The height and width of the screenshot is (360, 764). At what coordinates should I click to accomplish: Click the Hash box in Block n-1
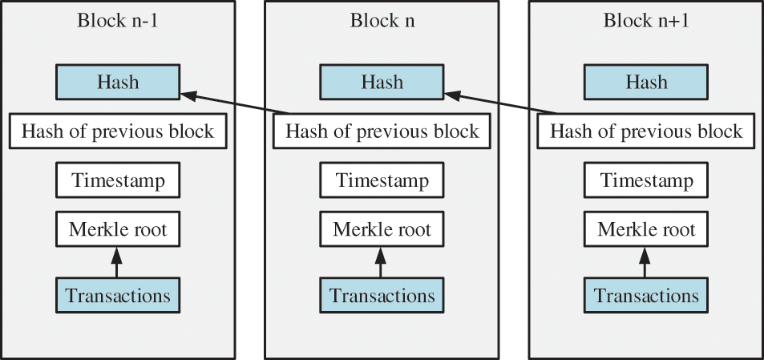[118, 82]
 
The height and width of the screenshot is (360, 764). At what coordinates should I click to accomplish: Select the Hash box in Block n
[382, 82]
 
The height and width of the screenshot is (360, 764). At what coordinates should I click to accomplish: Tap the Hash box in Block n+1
[646, 82]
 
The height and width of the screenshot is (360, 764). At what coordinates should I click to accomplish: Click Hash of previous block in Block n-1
[118, 131]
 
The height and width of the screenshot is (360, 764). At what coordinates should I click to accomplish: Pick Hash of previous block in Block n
[382, 131]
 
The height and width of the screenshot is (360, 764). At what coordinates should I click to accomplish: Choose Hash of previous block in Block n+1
[646, 131]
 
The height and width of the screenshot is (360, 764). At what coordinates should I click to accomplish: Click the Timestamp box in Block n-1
[118, 180]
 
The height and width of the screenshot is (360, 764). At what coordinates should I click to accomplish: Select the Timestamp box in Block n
[382, 180]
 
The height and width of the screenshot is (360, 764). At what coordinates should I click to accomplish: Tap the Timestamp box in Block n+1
[646, 180]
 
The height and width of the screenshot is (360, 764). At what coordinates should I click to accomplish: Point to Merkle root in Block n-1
[118, 230]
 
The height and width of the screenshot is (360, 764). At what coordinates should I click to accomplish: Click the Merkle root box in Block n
[382, 230]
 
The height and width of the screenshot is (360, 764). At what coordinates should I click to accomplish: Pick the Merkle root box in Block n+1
[646, 230]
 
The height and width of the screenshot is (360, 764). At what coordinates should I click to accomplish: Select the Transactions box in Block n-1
[118, 295]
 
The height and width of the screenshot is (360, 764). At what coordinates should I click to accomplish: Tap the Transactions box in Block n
[382, 295]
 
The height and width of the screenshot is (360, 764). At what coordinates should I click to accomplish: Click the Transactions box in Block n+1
[646, 295]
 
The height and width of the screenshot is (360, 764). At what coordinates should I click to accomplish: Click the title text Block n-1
[117, 21]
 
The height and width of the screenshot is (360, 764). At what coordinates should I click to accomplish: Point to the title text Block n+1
[646, 21]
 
